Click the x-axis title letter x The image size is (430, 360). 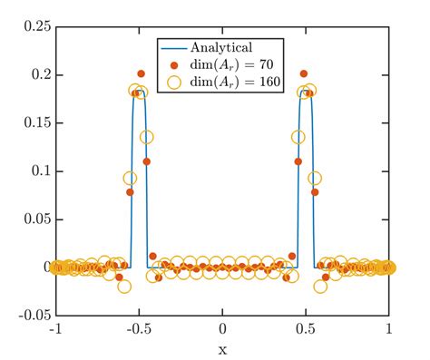[x=222, y=348]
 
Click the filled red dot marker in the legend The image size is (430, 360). [x=174, y=65]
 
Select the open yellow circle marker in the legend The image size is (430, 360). [x=174, y=83]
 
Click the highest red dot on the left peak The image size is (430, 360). [x=141, y=73]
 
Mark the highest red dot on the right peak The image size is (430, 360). [x=305, y=73]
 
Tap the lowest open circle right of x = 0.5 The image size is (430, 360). [x=320, y=286]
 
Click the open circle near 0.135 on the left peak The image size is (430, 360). [x=147, y=137]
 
